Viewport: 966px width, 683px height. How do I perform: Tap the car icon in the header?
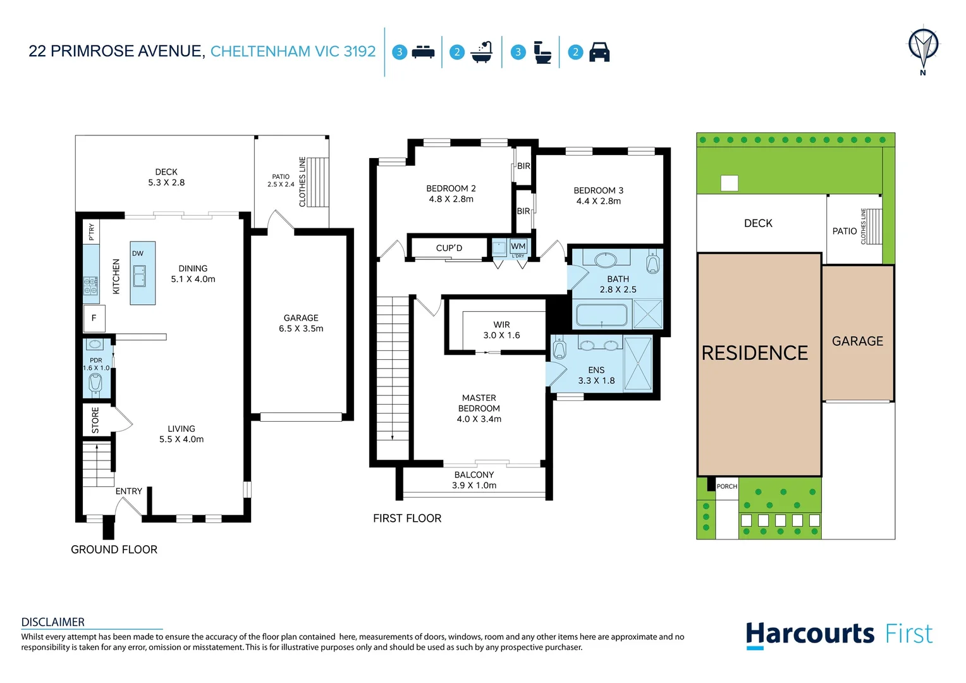599,52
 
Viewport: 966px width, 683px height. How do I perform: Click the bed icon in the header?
423,52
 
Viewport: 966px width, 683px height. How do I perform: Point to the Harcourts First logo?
838,634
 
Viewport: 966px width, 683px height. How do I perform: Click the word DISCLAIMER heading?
53,622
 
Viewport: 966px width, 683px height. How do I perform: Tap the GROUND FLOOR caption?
114,550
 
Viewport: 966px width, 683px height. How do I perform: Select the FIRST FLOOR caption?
407,518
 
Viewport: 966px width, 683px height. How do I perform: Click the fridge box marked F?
94,318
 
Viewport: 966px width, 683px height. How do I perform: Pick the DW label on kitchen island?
138,254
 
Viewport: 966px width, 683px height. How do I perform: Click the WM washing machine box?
518,246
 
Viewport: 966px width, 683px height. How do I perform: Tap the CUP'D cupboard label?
449,248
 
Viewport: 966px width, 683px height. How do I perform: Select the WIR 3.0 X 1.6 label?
501,329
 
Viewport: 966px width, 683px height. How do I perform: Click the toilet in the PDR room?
95,382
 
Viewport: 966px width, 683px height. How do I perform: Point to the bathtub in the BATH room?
601,314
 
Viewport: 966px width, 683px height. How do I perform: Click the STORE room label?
95,420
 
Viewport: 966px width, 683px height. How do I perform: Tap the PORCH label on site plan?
727,486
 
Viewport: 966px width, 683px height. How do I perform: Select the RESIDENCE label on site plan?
755,353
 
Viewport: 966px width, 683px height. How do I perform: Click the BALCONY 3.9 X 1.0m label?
474,480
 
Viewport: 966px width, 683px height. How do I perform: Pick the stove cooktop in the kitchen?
91,286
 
